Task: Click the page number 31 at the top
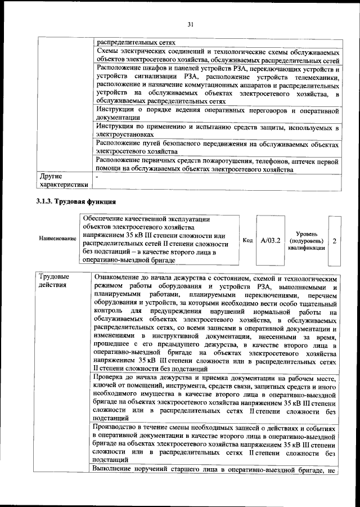190,24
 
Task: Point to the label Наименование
57,239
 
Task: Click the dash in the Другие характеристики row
97,177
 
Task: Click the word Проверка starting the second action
111,379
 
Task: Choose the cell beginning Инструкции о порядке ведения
217,113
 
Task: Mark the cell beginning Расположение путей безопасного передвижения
217,147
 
